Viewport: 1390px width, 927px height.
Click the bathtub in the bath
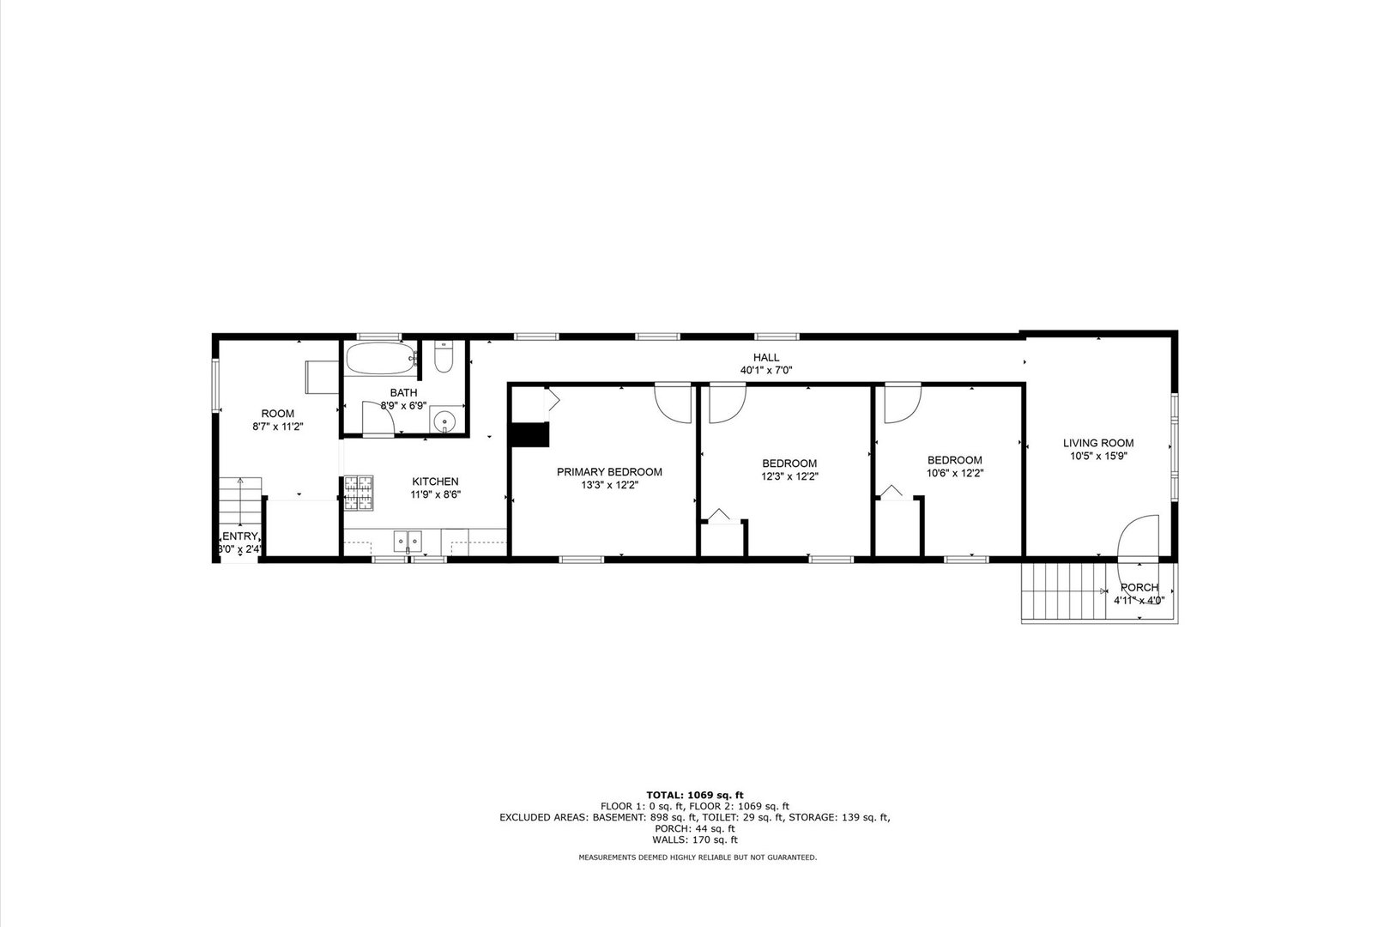[379, 359]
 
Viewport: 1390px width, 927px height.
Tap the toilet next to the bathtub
[443, 357]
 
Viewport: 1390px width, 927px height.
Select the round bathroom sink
[444, 421]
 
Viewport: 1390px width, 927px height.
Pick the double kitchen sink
[408, 542]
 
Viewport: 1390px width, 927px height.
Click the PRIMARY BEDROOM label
[609, 472]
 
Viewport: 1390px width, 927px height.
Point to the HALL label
[766, 358]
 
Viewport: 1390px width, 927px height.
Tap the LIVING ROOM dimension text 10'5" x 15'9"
[1098, 457]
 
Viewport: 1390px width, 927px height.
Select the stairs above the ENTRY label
[239, 503]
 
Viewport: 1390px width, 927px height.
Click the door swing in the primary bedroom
[673, 402]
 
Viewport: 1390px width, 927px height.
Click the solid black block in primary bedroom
[529, 435]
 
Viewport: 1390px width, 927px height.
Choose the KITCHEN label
[435, 482]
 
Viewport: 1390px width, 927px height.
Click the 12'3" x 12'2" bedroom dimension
[789, 476]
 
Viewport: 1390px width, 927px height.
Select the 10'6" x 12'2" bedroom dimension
[954, 473]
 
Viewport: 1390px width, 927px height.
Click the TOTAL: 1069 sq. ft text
[694, 795]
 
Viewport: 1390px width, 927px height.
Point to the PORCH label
[1139, 588]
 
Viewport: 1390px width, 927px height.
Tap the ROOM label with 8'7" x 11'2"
[277, 414]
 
